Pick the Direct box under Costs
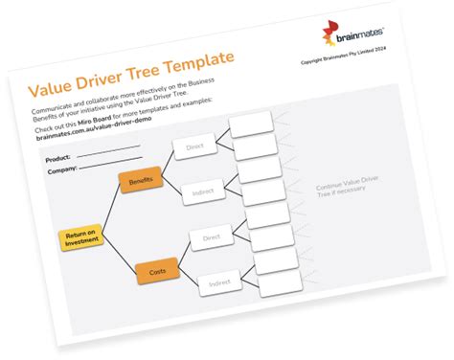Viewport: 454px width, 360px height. point(212,237)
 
